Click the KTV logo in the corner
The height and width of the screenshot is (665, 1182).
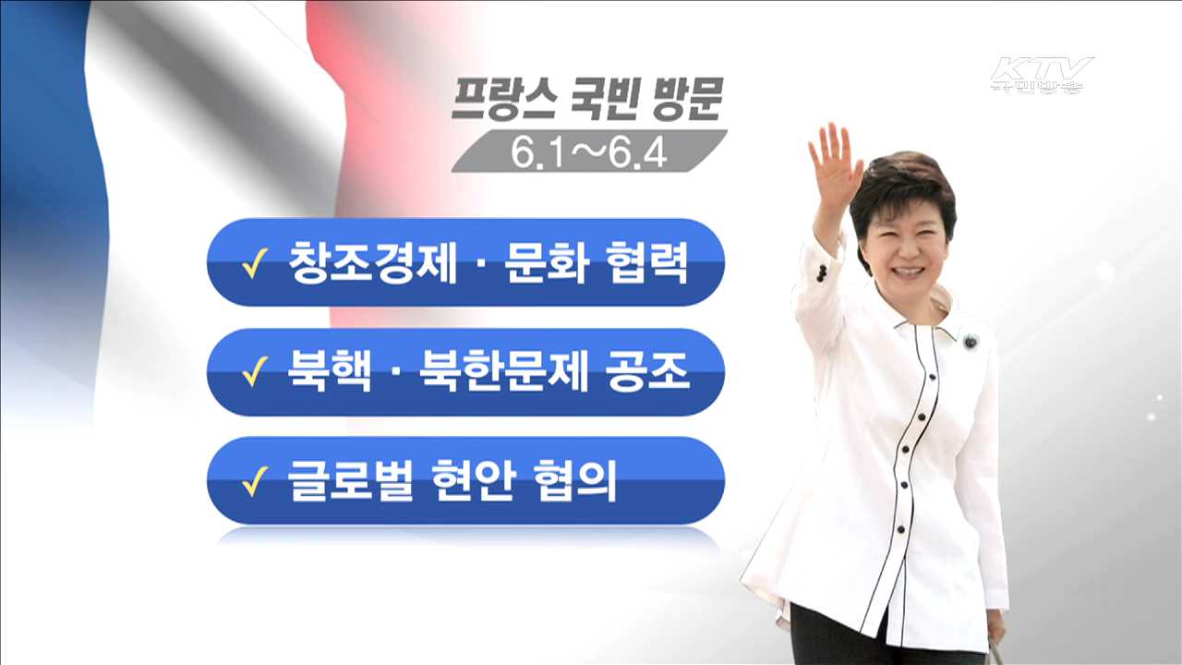1041,74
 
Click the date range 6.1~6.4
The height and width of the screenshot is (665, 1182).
589,152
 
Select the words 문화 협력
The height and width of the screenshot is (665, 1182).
597,263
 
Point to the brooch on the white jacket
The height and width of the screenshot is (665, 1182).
971,342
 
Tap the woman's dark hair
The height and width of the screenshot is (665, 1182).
900,185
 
